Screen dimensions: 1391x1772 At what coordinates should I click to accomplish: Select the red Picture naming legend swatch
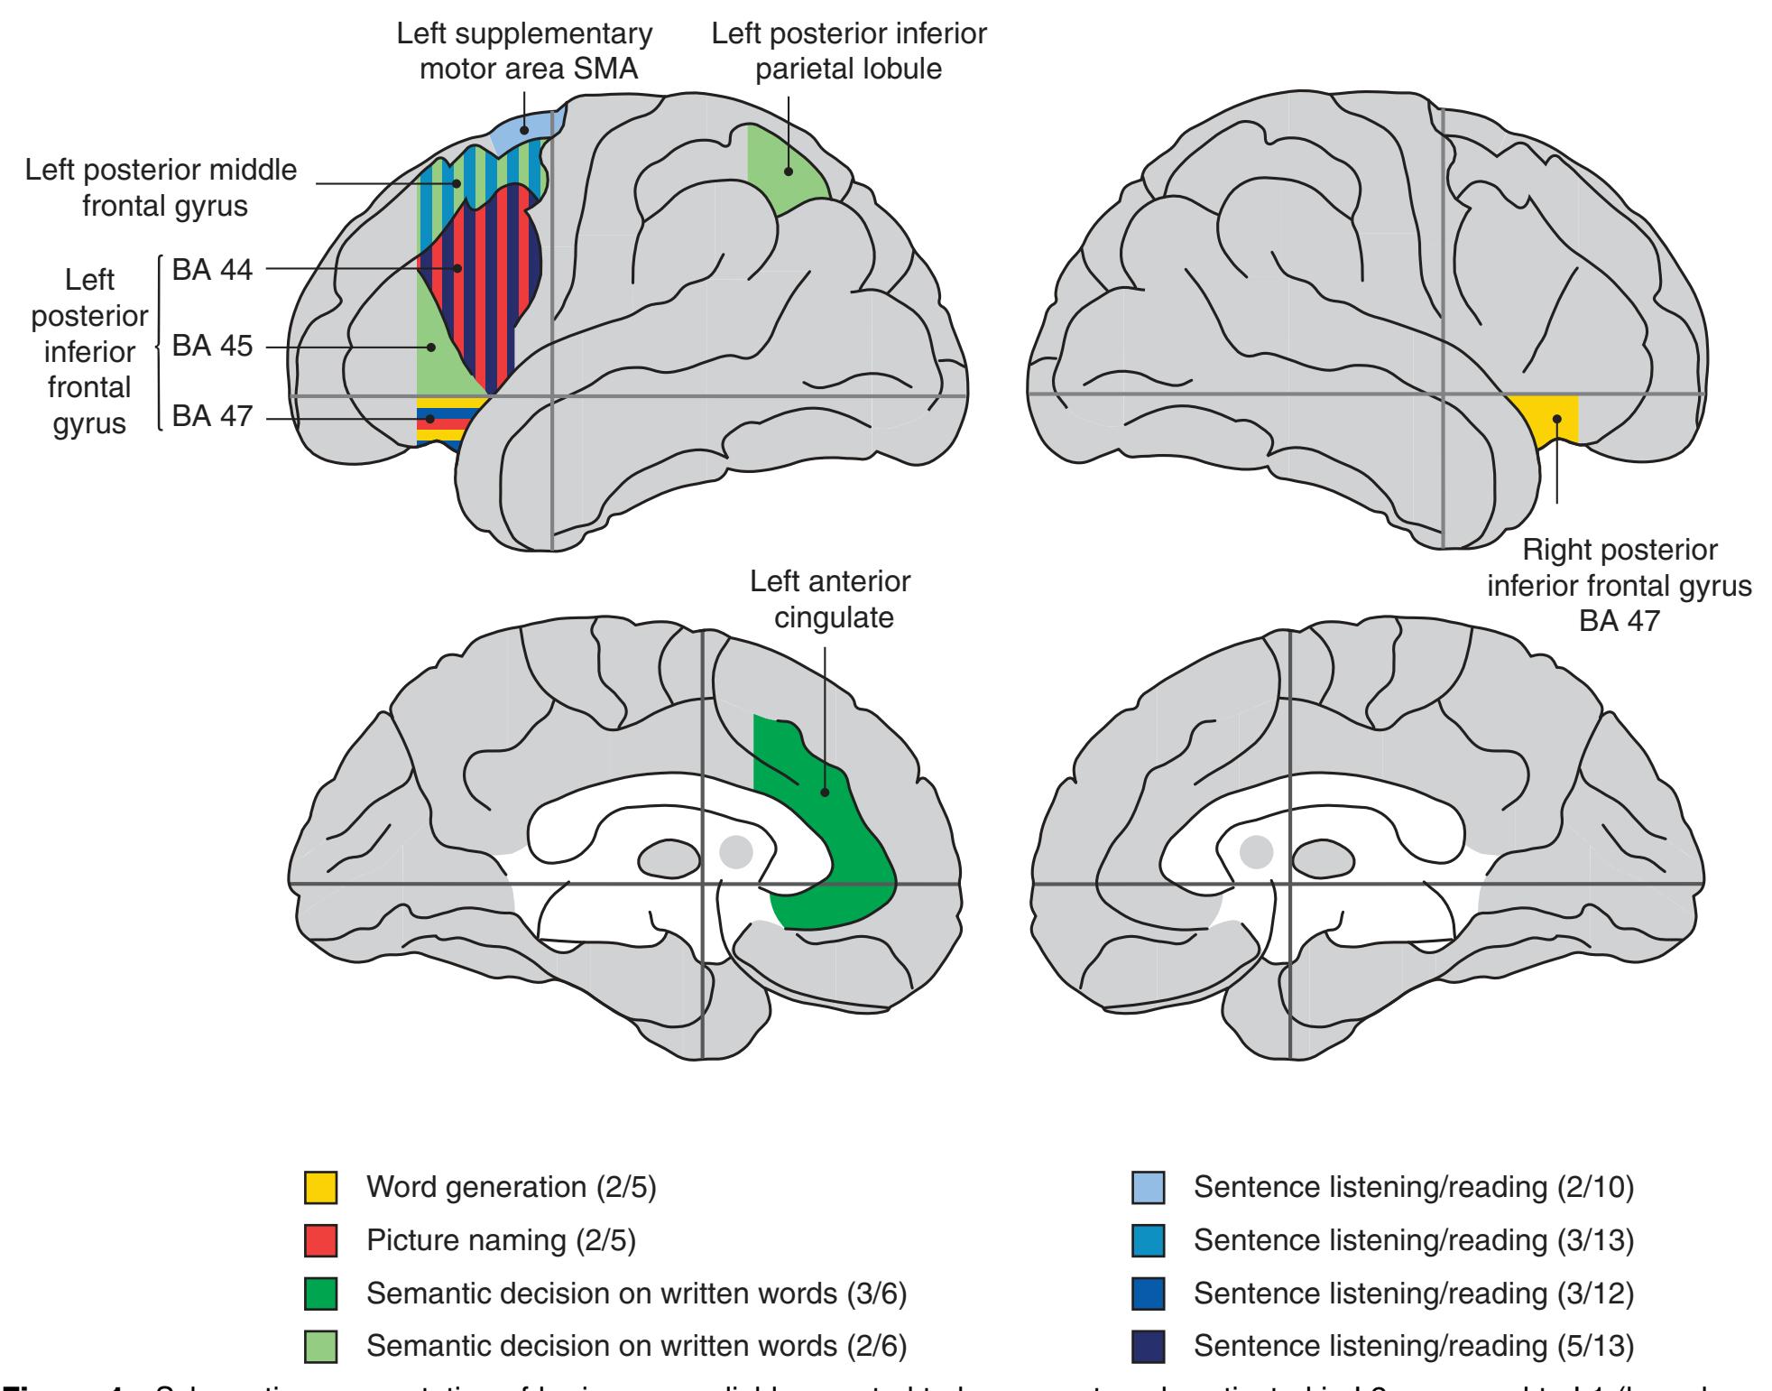320,1241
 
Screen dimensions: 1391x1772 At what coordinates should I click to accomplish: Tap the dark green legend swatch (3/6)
320,1294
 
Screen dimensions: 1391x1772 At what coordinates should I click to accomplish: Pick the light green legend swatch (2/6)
320,1346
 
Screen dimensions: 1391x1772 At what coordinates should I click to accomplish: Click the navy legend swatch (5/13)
1148,1346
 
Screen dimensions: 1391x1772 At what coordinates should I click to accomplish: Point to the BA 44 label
212,269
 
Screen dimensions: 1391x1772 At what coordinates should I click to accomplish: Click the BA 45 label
212,347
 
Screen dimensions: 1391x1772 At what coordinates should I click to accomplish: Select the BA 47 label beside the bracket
212,417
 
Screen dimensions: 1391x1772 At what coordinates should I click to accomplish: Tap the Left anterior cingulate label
830,599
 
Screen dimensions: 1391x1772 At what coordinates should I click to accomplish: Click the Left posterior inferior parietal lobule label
849,51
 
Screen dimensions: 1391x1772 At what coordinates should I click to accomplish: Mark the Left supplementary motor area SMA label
524,51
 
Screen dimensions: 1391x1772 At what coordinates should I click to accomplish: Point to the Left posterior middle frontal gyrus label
162,188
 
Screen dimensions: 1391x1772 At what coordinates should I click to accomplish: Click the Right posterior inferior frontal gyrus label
1619,585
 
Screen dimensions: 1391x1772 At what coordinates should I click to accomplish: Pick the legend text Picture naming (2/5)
501,1241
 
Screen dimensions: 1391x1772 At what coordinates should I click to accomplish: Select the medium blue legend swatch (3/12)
1148,1294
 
